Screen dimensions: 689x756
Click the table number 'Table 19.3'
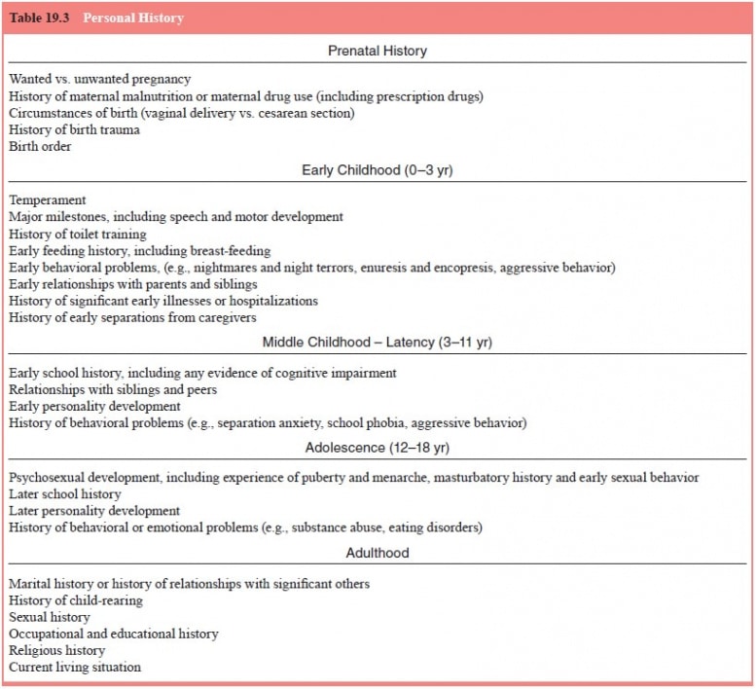(x=39, y=18)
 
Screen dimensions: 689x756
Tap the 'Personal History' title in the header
(x=133, y=18)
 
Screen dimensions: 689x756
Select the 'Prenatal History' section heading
(x=378, y=51)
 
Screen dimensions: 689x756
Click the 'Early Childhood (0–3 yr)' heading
(x=378, y=170)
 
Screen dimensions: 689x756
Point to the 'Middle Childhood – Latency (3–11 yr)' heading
(x=378, y=343)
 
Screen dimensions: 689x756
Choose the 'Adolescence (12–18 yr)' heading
(x=378, y=448)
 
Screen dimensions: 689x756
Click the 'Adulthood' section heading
(x=378, y=553)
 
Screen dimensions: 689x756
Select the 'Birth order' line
(x=40, y=147)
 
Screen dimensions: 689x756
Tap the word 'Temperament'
(x=48, y=199)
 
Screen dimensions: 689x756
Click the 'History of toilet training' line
(x=78, y=235)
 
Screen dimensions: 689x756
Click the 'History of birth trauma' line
(x=75, y=130)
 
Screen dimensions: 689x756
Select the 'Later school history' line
(x=65, y=494)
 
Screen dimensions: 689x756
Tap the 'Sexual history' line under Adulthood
(x=50, y=617)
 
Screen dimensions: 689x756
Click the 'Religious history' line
(x=57, y=650)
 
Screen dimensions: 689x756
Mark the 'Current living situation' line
(x=75, y=668)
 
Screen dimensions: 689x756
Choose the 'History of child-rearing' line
(x=76, y=600)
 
